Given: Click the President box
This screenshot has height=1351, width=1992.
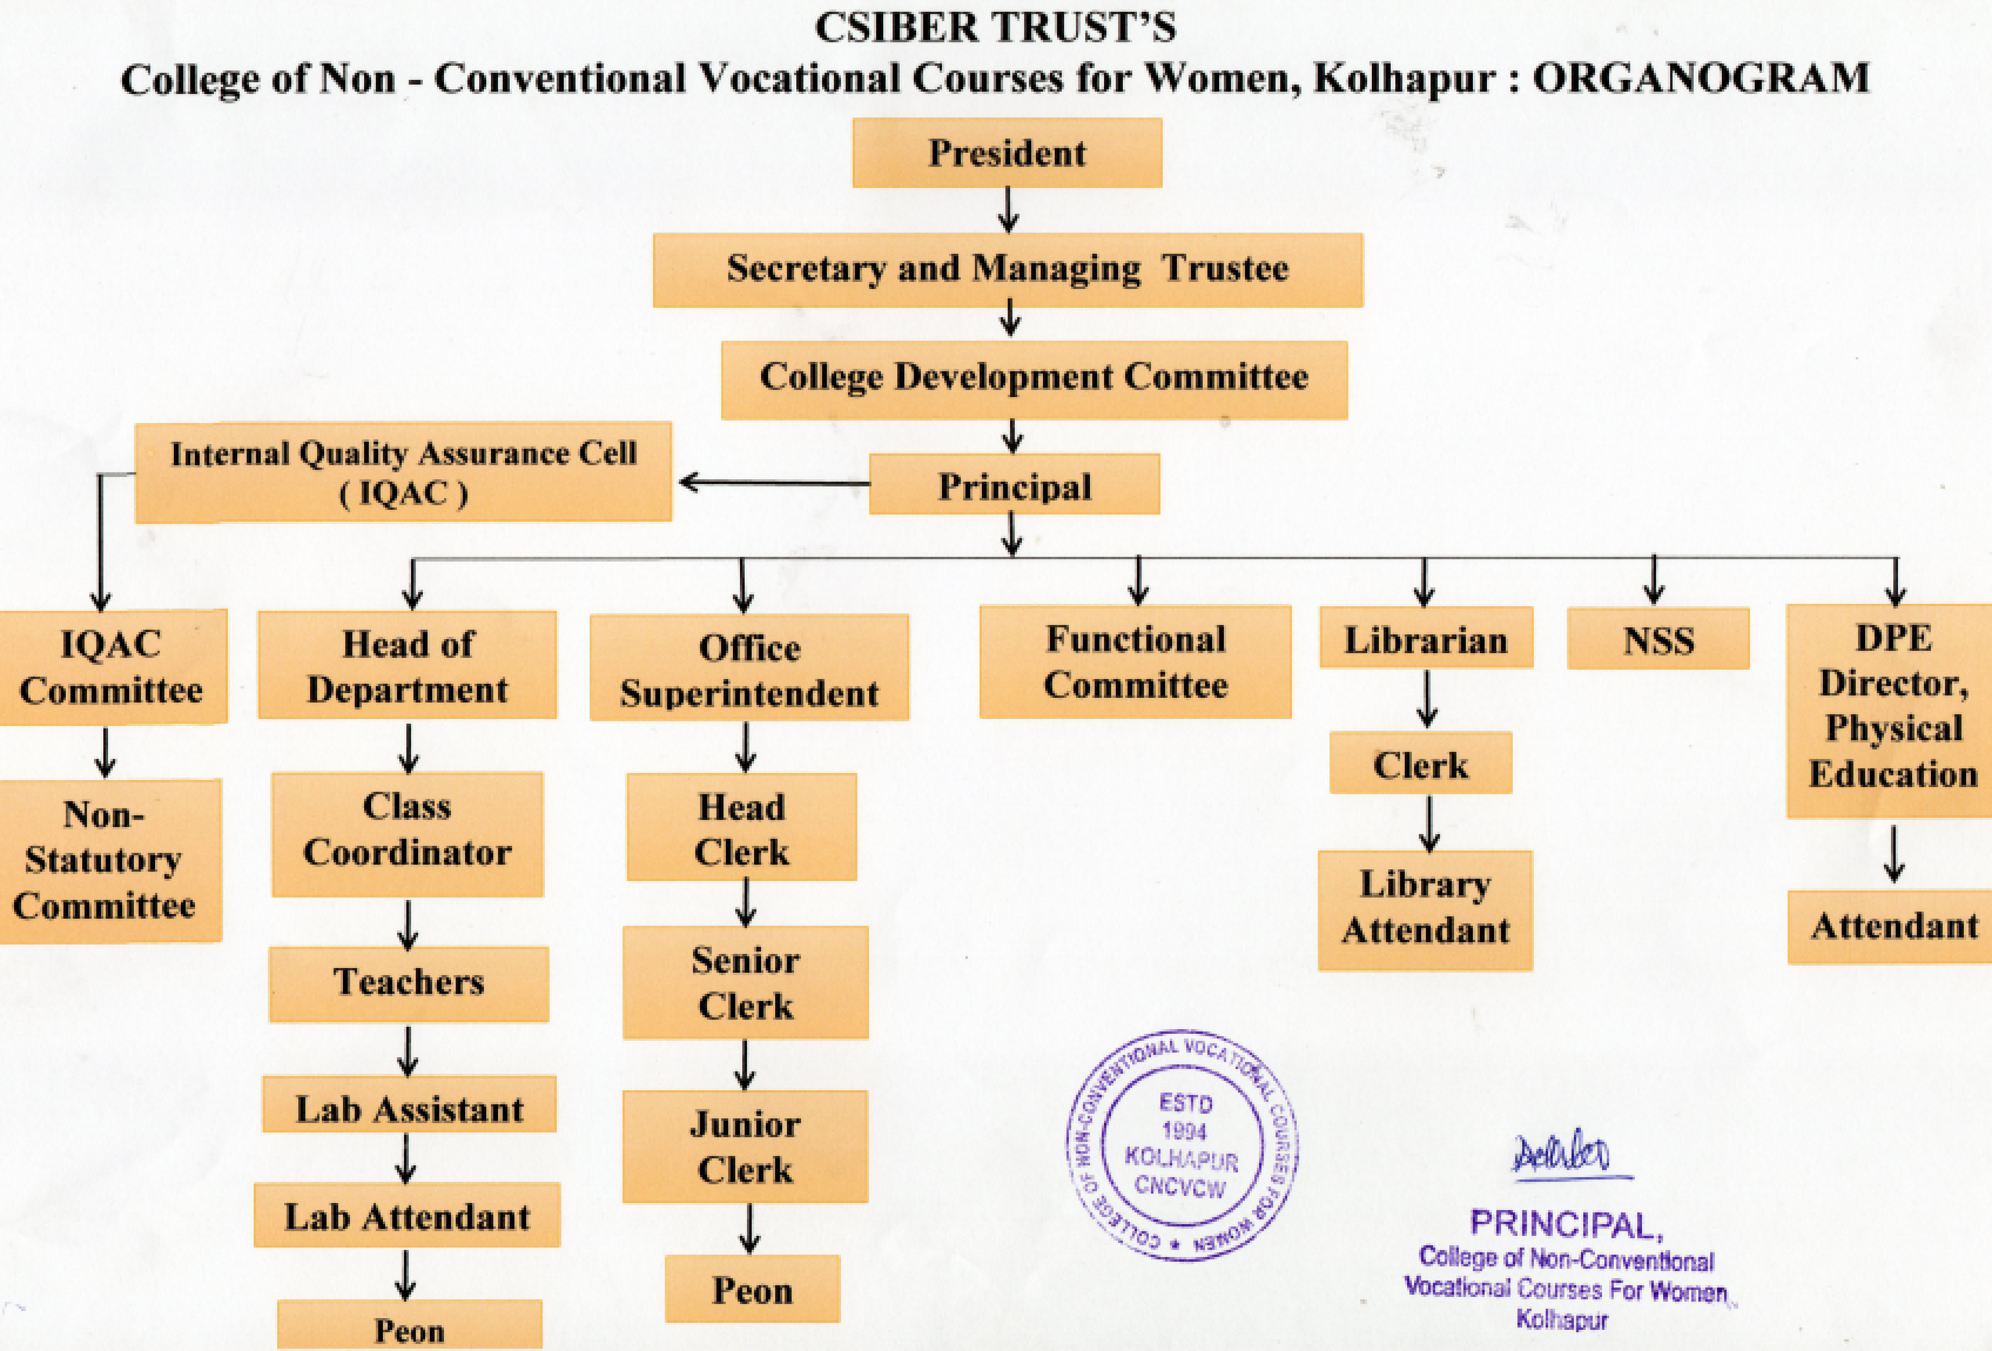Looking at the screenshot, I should (x=1007, y=153).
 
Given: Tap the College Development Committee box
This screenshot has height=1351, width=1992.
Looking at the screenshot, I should (x=1034, y=379).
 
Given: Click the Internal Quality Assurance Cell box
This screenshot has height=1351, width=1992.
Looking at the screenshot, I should (x=403, y=471).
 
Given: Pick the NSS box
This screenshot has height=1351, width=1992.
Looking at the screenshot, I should (x=1658, y=638).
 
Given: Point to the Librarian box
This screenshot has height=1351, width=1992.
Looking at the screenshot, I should (x=1425, y=638).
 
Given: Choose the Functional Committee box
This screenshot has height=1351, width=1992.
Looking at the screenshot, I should (x=1135, y=662).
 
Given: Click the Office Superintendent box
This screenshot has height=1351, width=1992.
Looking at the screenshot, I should (x=749, y=669).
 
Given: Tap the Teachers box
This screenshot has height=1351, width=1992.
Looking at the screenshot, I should (x=409, y=983).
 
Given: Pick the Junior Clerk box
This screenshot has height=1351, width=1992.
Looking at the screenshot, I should (x=745, y=1147).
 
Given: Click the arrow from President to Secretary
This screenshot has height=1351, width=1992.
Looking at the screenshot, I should (x=1009, y=210).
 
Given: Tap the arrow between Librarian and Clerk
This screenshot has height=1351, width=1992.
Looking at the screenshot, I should (x=1426, y=699).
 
